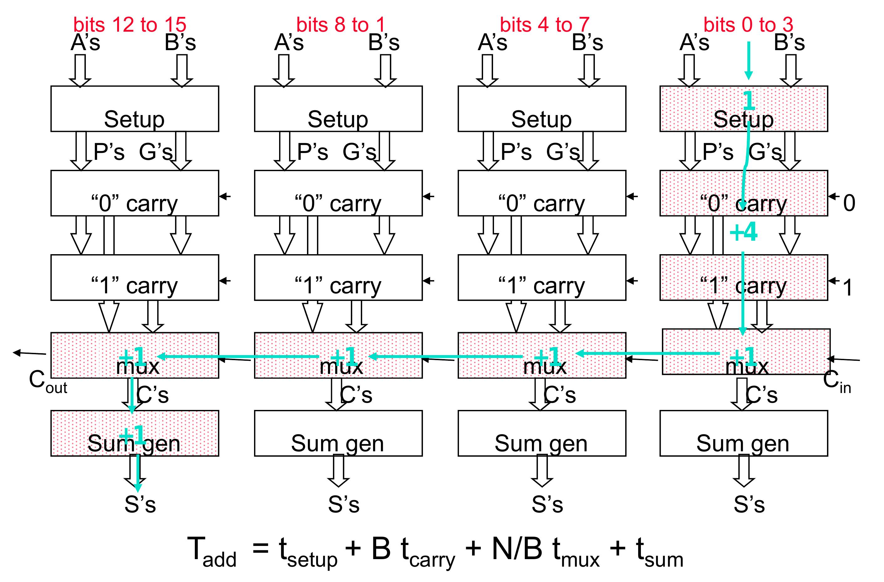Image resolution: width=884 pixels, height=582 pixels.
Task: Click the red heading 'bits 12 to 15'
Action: [130, 24]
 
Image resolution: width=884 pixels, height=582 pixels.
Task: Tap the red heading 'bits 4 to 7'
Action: [544, 24]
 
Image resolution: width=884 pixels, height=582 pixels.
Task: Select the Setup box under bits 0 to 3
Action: [743, 109]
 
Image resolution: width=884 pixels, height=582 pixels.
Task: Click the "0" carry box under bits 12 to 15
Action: [134, 193]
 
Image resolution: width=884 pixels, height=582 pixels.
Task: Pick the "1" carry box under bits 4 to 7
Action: [542, 278]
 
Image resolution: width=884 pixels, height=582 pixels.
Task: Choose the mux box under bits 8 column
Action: [338, 356]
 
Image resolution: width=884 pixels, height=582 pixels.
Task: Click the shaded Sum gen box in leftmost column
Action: [134, 433]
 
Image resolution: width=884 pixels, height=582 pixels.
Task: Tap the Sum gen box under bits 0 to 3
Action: [743, 433]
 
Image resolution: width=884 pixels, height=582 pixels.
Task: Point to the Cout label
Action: [48, 382]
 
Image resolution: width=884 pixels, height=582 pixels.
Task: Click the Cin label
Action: [836, 382]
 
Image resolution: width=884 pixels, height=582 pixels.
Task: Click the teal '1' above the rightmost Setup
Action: [749, 100]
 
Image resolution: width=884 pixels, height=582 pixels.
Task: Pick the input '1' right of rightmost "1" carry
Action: [848, 288]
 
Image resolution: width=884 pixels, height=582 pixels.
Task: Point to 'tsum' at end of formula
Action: [659, 552]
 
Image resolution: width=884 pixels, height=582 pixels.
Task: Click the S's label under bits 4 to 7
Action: [547, 505]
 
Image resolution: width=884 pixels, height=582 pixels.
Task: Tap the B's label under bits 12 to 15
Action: [180, 43]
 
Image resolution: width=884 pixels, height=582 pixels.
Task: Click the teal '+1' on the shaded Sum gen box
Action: [132, 434]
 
